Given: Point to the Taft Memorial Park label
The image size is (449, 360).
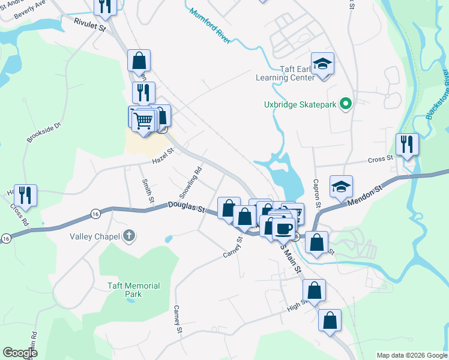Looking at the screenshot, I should (133, 290).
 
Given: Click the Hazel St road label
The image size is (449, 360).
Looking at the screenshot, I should (162, 157).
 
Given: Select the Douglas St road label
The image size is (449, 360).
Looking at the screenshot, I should (185, 208).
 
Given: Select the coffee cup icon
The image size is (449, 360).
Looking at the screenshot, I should (283, 227).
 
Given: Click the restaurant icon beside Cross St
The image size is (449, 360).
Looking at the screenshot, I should (408, 144).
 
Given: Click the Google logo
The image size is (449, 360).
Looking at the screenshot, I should (20, 353).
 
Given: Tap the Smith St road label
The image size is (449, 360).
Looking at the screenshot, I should (147, 190).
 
